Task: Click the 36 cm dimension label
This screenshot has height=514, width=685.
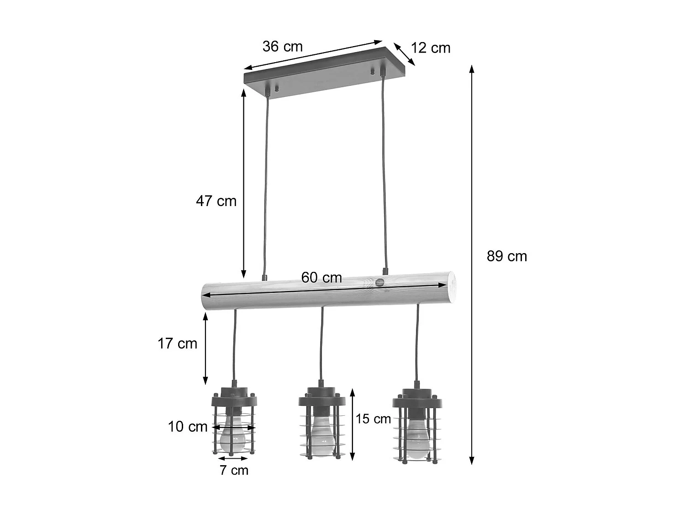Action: coord(282,47)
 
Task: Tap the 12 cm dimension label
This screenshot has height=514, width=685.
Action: coord(430,48)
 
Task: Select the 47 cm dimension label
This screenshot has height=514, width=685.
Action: coord(216,201)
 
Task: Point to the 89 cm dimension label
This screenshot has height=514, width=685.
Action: coord(506,256)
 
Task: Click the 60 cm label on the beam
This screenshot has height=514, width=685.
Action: coord(321,278)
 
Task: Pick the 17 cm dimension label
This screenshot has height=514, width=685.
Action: coord(177,344)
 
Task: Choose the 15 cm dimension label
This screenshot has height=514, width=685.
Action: coord(373,419)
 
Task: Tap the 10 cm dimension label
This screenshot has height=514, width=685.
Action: coord(188,427)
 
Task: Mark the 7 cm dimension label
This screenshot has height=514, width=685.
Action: coord(234,470)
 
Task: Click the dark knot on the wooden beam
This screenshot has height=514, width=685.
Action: coord(379,282)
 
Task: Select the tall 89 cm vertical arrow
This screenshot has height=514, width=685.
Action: coord(472,265)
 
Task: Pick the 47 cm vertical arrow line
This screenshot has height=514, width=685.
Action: coord(243,183)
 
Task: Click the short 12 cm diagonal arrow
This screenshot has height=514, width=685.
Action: coord(404,54)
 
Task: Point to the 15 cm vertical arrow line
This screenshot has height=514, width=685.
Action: coord(352,425)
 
